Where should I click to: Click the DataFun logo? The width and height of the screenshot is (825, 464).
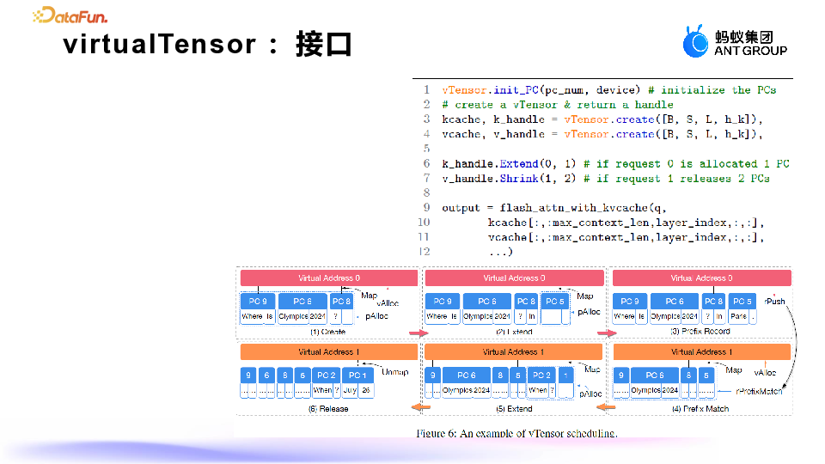pyautogui.click(x=70, y=15)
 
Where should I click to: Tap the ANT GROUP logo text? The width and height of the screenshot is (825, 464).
pyautogui.click(x=750, y=51)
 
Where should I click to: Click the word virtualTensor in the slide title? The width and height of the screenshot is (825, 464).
pyautogui.click(x=159, y=44)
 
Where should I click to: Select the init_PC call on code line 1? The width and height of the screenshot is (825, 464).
pyautogui.click(x=516, y=90)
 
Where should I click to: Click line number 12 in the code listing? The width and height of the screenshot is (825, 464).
pyautogui.click(x=424, y=252)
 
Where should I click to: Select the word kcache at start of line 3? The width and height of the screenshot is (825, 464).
pyautogui.click(x=461, y=119)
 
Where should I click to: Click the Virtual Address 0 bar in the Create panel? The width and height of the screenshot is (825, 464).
pyautogui.click(x=329, y=278)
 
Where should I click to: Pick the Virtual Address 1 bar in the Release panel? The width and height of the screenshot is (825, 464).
pyautogui.click(x=329, y=352)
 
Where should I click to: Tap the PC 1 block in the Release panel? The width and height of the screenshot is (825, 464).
pyautogui.click(x=357, y=375)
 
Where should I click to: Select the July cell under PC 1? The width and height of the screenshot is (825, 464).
pyautogui.click(x=351, y=390)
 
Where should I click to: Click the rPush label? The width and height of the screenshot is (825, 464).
pyautogui.click(x=775, y=302)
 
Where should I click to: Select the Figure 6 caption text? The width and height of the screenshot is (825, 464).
pyautogui.click(x=517, y=433)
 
